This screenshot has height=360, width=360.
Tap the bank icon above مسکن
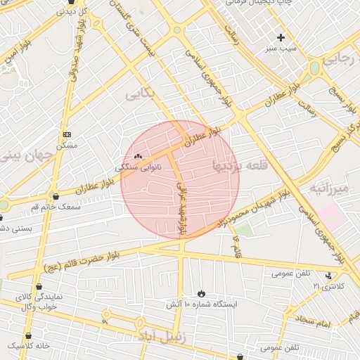coord(67,134)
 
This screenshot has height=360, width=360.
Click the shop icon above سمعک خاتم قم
coord(56,197)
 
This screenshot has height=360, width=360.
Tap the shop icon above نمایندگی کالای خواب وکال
coord(39,286)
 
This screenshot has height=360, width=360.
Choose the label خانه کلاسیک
coord(29,346)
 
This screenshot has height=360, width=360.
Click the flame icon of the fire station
coord(202,292)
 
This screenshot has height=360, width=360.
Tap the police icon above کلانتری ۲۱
coord(328,275)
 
